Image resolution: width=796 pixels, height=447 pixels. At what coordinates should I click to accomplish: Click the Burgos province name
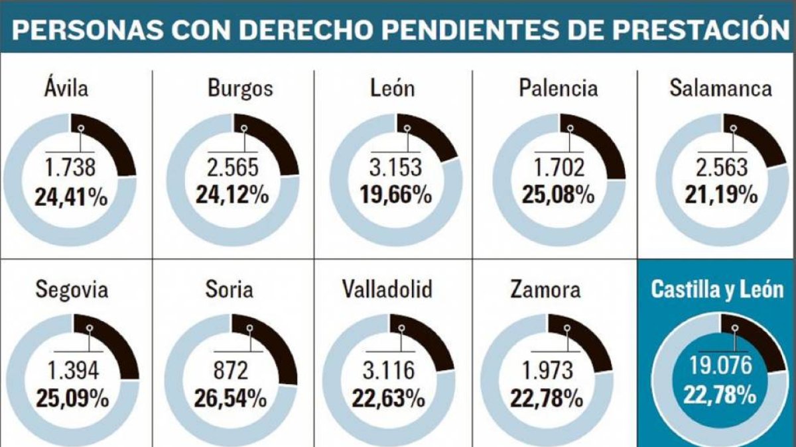pyautogui.click(x=240, y=89)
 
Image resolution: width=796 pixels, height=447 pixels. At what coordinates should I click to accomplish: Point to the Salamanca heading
pyautogui.click(x=720, y=88)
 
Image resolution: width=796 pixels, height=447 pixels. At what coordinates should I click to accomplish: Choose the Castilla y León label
pyautogui.click(x=717, y=290)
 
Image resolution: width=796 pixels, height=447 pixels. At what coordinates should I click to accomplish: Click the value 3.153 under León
pyautogui.click(x=395, y=168)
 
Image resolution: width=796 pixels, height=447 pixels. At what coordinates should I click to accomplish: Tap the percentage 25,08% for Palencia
pyautogui.click(x=559, y=195)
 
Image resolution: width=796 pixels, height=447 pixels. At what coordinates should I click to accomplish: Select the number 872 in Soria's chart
pyautogui.click(x=231, y=370)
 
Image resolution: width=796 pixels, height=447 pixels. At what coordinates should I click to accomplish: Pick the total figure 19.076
pyautogui.click(x=720, y=365)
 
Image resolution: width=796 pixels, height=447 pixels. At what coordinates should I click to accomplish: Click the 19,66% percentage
pyautogui.click(x=396, y=195)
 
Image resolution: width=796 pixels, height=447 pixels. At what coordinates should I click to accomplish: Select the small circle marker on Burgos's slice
pyautogui.click(x=244, y=128)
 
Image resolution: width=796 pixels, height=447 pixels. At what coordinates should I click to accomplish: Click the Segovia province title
pyautogui.click(x=72, y=290)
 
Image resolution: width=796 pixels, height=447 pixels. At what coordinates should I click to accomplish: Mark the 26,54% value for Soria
pyautogui.click(x=230, y=398)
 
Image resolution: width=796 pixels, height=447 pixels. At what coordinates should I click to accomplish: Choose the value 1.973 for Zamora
pyautogui.click(x=547, y=370)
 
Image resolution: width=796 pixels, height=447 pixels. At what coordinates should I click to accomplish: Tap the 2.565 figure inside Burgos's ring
pyautogui.click(x=233, y=168)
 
